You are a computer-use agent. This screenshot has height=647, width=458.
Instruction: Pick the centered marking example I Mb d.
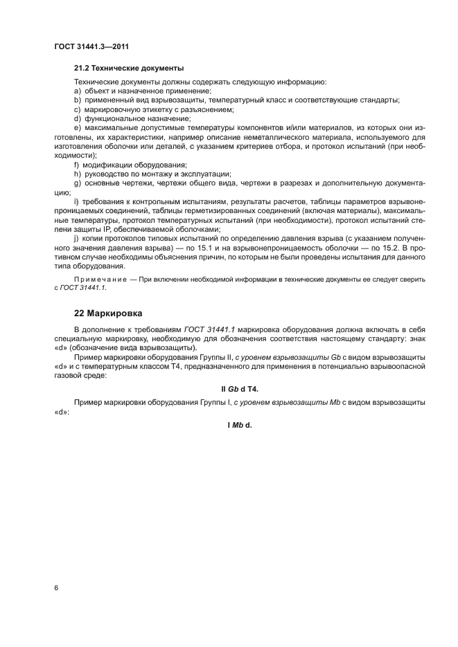tap(239, 424)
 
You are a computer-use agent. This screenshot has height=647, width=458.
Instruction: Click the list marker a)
tap(78, 91)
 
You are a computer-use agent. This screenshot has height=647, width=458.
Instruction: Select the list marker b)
tap(78, 100)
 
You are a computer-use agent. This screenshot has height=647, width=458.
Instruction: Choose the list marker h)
tap(78, 174)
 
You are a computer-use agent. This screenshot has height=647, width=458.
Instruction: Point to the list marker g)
tap(78, 183)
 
